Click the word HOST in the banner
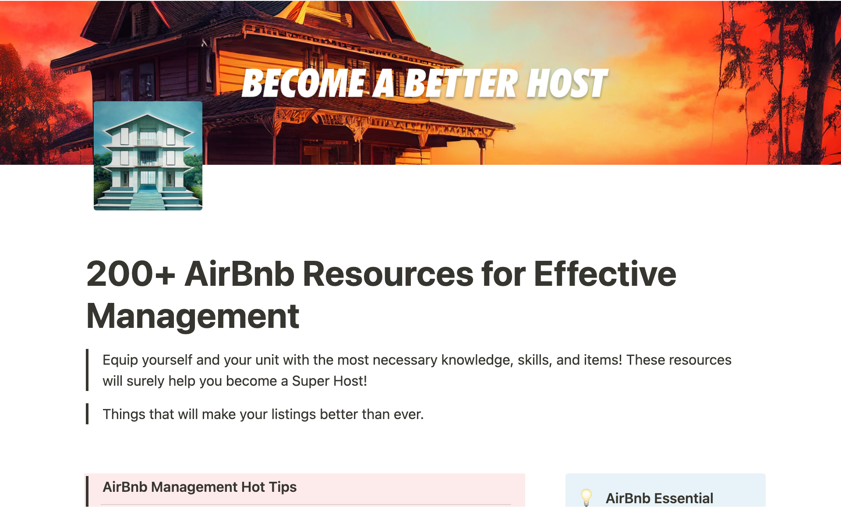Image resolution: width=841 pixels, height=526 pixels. click(x=567, y=83)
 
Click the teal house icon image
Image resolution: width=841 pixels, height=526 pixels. click(x=148, y=156)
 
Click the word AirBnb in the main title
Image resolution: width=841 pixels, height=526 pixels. click(x=240, y=274)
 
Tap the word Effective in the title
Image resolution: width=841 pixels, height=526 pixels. click(x=605, y=274)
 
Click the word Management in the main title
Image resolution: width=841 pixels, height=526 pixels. click(x=193, y=316)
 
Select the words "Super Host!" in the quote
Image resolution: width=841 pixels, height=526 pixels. click(x=329, y=381)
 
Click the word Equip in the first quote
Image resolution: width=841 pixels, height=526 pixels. click(x=120, y=360)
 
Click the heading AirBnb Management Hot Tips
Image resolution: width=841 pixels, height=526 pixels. click(x=200, y=487)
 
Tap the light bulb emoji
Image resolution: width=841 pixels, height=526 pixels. click(x=586, y=498)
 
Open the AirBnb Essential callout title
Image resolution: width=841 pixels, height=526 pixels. click(x=659, y=498)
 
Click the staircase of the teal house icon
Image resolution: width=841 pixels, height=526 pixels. click(x=148, y=200)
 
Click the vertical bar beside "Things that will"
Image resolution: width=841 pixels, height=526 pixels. click(x=87, y=414)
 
